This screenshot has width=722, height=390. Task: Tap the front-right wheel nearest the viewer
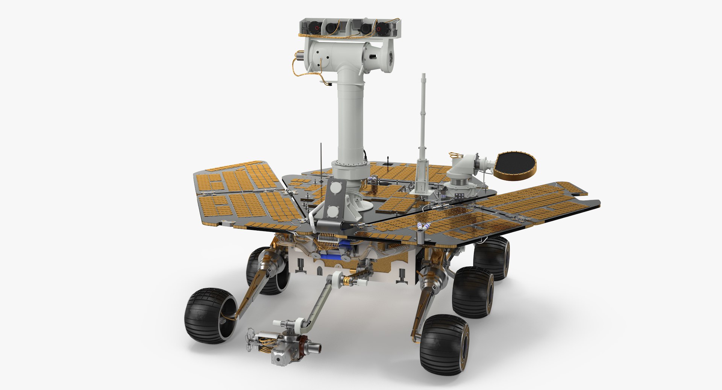coord(444,345)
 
